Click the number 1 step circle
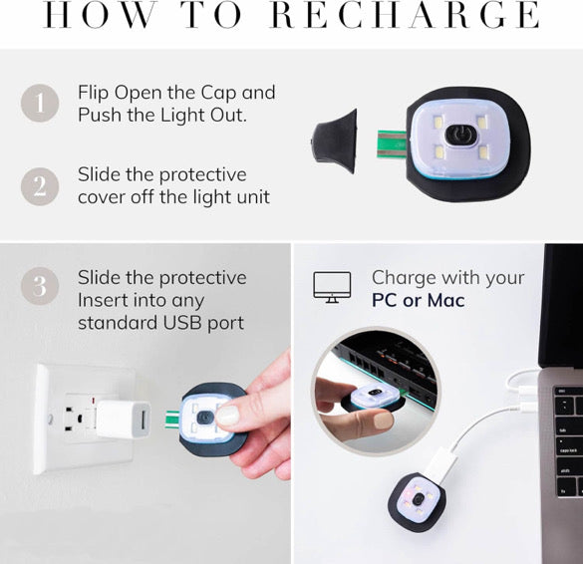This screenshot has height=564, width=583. [x=40, y=103]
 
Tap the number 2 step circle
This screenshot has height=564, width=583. [x=40, y=186]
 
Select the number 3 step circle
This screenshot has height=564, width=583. [x=40, y=286]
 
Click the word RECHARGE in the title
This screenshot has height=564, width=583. [x=405, y=15]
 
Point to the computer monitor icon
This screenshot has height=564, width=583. [x=332, y=287]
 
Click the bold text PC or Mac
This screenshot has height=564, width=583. [x=419, y=300]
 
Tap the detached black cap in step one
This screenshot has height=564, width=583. [x=334, y=141]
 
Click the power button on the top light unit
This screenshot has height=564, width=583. [x=460, y=135]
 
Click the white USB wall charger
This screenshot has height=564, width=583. [x=123, y=419]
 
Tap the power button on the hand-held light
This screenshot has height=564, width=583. [x=203, y=418]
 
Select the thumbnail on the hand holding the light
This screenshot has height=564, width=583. [x=227, y=416]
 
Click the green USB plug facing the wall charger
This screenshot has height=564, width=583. [x=172, y=420]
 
